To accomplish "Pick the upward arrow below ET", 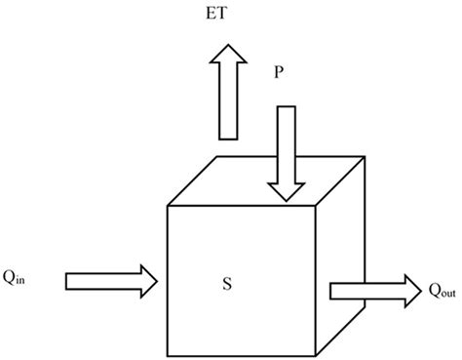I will [x=229, y=99].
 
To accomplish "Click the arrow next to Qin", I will [x=110, y=281].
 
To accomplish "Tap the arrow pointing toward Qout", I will [x=373, y=290].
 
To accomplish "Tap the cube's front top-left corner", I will [x=170, y=206].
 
